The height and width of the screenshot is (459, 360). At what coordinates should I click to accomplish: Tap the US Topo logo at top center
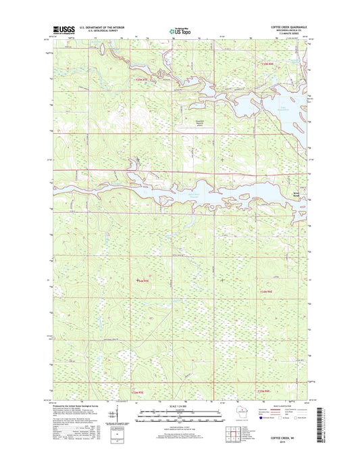[179, 30]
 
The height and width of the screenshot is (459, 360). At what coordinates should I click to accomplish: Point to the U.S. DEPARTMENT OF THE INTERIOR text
[101, 28]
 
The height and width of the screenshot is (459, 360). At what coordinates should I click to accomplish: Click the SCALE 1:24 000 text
[180, 406]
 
